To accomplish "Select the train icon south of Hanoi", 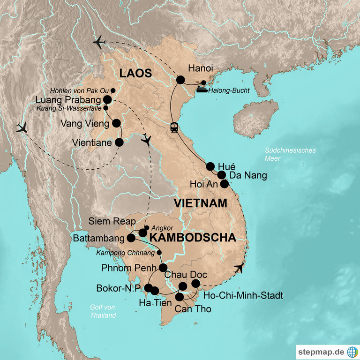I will coord(174,127).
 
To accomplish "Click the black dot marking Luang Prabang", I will coord(107,99).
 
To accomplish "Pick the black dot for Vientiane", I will coord(120,142).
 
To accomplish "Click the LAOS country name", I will coord(135,74).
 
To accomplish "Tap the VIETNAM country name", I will coord(200,203).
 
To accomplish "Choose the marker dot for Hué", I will coord(210,166).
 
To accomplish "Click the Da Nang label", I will coord(248,176).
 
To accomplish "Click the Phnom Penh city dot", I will coord(163,268).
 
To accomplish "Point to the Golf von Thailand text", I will coord(103,311).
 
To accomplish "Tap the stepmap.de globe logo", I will coord(352,351).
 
